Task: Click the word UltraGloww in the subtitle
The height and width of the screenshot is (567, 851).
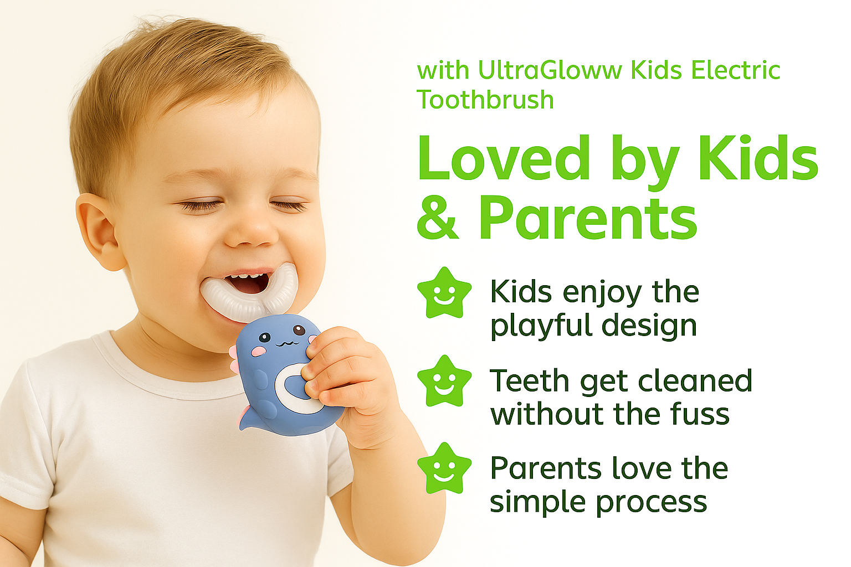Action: point(550,70)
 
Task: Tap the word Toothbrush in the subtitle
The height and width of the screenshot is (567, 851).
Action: point(485,100)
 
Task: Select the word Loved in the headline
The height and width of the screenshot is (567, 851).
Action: point(504,158)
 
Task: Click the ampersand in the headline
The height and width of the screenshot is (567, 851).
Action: point(438,217)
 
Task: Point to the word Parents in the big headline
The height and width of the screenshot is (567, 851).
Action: point(588,218)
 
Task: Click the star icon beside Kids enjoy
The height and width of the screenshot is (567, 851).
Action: point(444,292)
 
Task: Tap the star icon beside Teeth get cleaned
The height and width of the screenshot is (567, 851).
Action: point(444,381)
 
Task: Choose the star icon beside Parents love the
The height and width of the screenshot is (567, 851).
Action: point(444,468)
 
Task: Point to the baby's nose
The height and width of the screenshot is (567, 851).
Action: point(251,228)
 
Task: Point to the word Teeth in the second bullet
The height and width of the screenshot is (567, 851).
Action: point(530,380)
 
